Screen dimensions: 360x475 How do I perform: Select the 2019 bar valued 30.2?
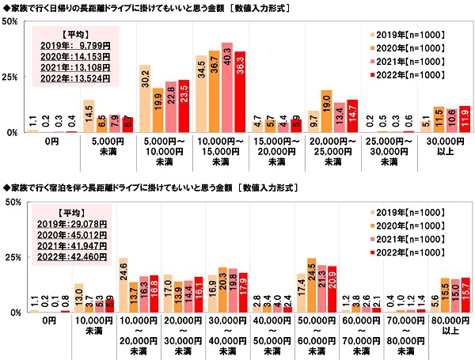[x=145, y=99]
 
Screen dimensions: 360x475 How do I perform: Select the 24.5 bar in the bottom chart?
[x=311, y=286]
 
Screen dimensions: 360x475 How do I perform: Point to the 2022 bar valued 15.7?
[x=465, y=296]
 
